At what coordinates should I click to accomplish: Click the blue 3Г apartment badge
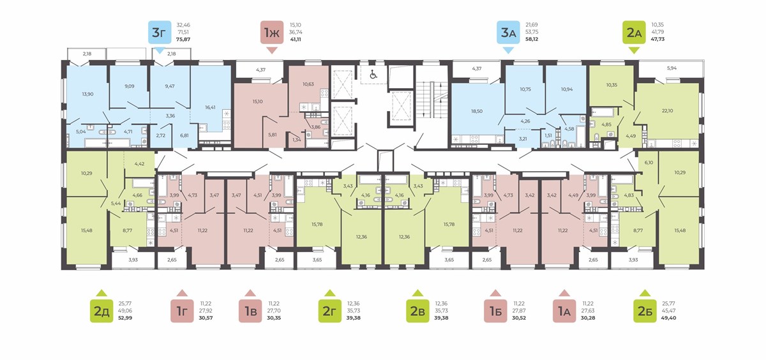click(x=160, y=32)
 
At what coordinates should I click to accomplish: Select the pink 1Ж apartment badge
click(x=272, y=32)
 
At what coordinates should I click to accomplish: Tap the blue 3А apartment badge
click(x=508, y=32)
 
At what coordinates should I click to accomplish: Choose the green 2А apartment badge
click(x=634, y=32)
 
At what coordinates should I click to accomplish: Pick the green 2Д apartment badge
click(x=101, y=311)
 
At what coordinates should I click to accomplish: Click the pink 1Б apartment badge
click(x=495, y=311)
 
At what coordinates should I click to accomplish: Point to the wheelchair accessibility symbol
click(x=373, y=75)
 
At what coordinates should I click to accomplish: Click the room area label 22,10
click(x=667, y=111)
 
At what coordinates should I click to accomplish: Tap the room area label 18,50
click(x=477, y=111)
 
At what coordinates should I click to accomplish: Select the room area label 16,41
click(x=210, y=107)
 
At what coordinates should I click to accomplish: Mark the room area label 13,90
click(x=87, y=94)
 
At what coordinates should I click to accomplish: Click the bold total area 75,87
click(x=183, y=40)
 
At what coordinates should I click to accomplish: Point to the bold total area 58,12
click(x=532, y=40)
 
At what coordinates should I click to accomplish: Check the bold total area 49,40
click(x=669, y=318)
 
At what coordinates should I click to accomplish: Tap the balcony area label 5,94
click(x=672, y=68)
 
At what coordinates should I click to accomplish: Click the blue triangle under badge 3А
click(x=508, y=50)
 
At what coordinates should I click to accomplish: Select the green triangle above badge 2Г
click(x=329, y=292)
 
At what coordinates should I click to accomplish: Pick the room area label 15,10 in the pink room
click(x=257, y=101)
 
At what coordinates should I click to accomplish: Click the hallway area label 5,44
click(x=116, y=203)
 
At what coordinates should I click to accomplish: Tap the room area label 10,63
click(x=308, y=84)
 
